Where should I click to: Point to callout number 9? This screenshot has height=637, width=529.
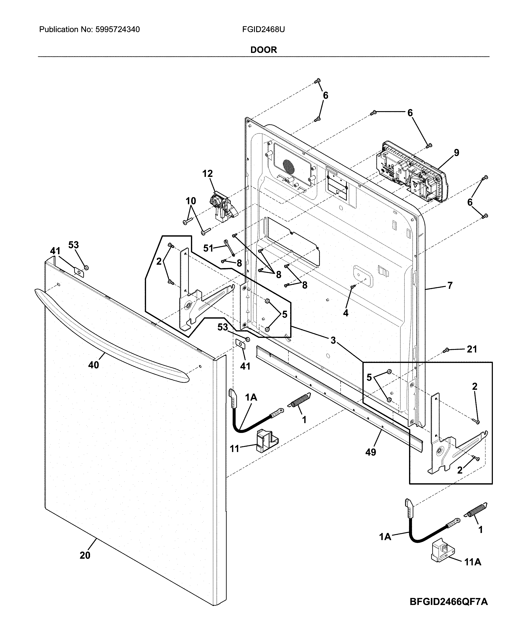click(456, 153)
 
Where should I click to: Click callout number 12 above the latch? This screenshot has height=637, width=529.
click(208, 174)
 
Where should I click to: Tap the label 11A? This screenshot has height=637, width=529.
click(473, 562)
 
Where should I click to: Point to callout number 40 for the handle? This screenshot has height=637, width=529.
click(94, 365)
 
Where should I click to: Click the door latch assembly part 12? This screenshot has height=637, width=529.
click(223, 206)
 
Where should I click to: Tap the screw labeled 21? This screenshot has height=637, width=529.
click(445, 351)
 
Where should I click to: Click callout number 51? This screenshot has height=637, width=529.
click(208, 248)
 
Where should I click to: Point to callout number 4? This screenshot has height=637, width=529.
click(346, 313)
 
